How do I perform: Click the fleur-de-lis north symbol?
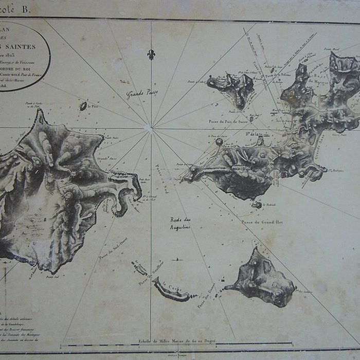[151, 54]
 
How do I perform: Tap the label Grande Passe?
[142, 94]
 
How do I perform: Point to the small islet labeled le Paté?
[83, 106]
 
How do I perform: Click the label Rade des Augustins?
[181, 223]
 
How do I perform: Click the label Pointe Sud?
[50, 278]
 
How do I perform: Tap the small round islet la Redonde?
[256, 205]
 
